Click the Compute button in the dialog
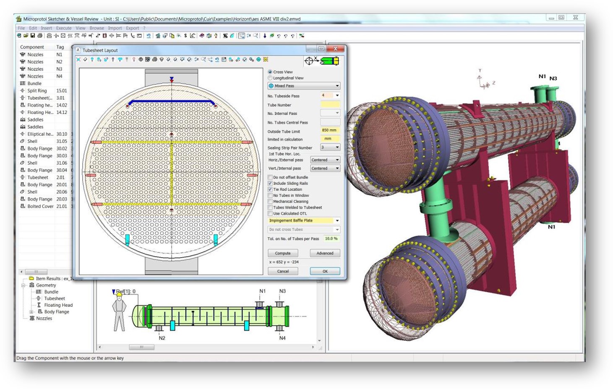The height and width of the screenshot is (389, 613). point(282,253)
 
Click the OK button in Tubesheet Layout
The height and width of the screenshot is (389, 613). point(325,271)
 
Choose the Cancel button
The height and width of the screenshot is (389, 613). point(282,271)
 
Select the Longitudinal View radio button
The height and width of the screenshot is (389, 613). point(270,78)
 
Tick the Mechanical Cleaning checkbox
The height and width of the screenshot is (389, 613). point(270,202)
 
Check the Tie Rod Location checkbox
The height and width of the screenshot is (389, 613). point(270,189)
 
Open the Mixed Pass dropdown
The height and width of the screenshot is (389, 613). point(304,86)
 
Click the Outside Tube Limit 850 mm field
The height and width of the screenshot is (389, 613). point(330,130)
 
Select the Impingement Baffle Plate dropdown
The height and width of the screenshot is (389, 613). point(304,220)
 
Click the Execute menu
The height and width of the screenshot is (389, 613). point(64,28)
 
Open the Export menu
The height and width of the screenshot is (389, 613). point(132,28)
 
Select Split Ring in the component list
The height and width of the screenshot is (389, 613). point(37,91)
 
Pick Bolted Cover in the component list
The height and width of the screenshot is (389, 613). point(40,206)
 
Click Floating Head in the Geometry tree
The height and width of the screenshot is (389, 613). point(58,305)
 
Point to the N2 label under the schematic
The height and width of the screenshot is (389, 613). point(162,338)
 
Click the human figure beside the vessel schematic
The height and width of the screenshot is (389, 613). point(120,312)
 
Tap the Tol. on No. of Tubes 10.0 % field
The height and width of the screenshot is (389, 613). point(331,239)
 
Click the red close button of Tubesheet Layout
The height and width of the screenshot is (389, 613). point(335,49)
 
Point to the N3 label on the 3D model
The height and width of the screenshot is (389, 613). point(553,78)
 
